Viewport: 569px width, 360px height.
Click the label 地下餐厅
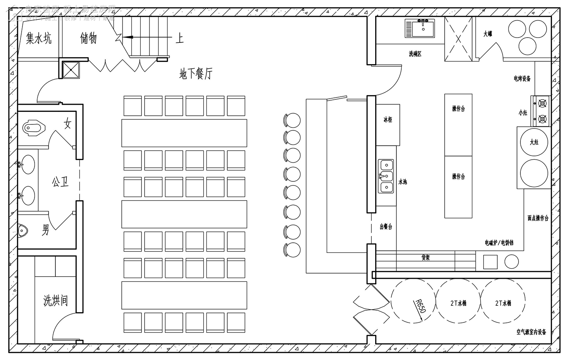[196, 74]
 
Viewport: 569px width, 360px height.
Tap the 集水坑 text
[38, 38]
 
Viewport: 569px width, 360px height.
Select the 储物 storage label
[88, 38]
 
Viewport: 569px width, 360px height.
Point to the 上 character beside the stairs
[179, 38]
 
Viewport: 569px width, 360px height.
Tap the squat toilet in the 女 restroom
[34, 127]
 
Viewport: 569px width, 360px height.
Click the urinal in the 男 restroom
[23, 230]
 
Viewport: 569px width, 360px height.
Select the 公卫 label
[61, 182]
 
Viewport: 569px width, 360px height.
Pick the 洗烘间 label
[55, 300]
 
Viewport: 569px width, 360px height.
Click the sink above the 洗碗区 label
[421, 27]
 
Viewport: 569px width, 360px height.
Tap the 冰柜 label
[388, 120]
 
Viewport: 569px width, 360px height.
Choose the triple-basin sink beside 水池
[386, 176]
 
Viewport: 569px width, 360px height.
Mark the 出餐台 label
[386, 227]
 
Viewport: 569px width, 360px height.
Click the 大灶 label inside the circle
[534, 142]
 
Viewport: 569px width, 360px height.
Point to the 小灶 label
[523, 113]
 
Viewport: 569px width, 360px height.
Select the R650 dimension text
[421, 306]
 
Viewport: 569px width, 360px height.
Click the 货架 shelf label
[425, 258]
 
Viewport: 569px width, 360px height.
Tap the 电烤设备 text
[522, 79]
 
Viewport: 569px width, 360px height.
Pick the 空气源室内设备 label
[531, 332]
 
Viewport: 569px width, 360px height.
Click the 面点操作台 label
[538, 218]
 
